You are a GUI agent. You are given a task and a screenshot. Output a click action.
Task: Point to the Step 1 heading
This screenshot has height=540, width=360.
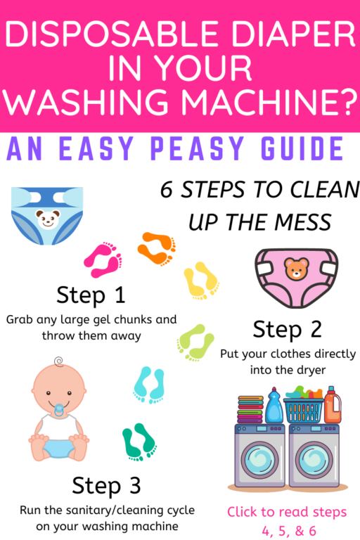coord(91,293)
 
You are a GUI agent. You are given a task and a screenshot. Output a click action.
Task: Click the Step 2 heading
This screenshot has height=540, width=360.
coord(286,329)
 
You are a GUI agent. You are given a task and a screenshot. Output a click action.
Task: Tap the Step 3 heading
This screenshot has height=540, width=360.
coord(105,485)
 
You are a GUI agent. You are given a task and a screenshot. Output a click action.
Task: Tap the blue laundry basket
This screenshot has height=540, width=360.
coord(303,409)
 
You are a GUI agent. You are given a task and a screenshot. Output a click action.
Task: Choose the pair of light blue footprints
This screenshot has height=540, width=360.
coord(148,384)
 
